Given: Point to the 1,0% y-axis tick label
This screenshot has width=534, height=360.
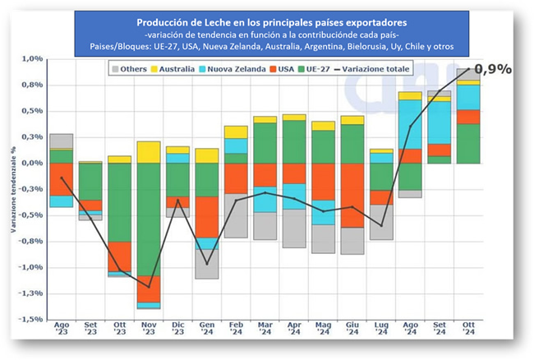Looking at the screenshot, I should [31, 59].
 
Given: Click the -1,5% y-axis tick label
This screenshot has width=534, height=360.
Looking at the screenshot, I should [30, 319].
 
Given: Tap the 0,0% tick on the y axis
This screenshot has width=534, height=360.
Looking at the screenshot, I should [31, 163].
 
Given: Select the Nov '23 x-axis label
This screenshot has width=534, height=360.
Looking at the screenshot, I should [149, 331].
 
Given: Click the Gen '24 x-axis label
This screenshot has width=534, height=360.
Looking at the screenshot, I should [206, 331].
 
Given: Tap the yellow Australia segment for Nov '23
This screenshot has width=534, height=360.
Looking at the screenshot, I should [149, 152].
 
